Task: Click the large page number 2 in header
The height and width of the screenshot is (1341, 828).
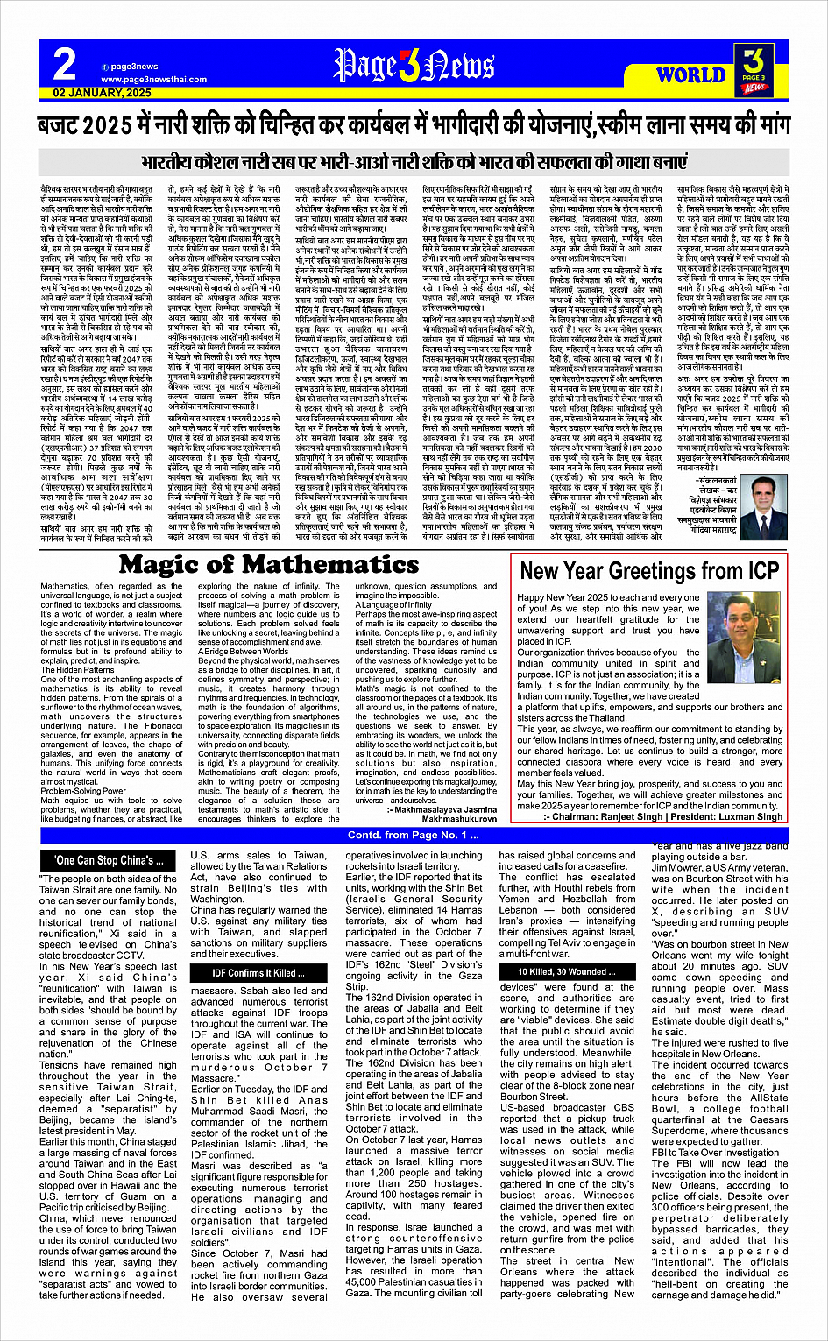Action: click(x=65, y=66)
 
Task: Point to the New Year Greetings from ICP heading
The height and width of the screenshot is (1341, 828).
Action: click(x=649, y=571)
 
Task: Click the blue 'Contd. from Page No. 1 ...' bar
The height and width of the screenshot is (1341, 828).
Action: click(x=414, y=836)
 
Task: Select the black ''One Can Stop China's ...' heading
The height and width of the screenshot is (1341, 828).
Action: click(x=109, y=860)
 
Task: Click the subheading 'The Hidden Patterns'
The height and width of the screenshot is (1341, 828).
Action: click(x=77, y=670)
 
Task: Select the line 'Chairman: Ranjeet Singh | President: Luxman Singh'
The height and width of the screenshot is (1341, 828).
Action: click(x=663, y=816)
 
